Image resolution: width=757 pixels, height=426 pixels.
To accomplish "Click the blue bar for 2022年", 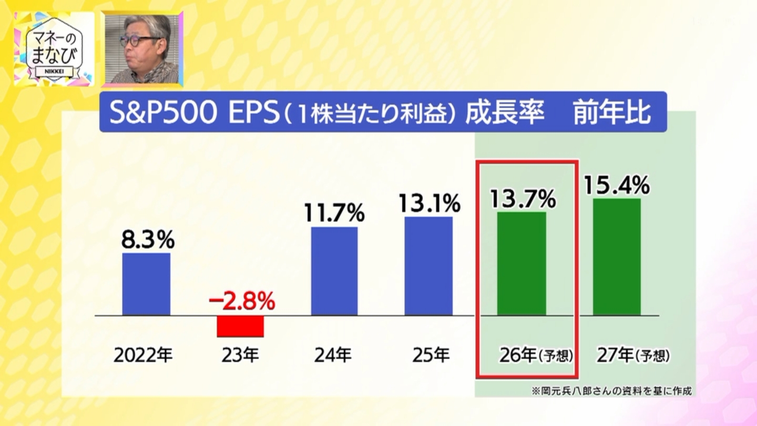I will click(146, 284).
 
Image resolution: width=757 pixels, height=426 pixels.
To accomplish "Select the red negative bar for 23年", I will click(240, 326).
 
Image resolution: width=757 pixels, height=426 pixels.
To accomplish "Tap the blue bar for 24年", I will click(334, 271).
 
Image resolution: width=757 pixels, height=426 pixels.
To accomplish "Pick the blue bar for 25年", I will click(428, 266).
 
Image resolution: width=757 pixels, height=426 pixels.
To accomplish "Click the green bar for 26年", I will click(521, 263).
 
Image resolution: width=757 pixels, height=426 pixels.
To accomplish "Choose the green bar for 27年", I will click(617, 257).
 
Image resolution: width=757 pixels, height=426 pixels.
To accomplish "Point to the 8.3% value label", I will click(148, 240).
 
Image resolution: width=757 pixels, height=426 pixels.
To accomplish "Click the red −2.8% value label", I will click(241, 302).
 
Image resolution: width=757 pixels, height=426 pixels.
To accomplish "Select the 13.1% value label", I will click(429, 204).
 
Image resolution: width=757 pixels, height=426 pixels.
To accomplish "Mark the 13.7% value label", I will click(523, 199).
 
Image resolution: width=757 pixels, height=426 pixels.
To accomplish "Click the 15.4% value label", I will click(617, 185).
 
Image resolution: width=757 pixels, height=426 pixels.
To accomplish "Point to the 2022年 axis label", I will click(143, 356).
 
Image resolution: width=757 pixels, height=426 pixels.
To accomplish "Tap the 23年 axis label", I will click(240, 356).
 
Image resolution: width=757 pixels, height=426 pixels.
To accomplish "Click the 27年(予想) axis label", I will click(633, 356).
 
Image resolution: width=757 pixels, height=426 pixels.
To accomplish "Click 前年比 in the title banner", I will click(612, 113).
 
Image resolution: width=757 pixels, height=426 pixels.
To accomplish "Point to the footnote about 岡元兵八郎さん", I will click(611, 391).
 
